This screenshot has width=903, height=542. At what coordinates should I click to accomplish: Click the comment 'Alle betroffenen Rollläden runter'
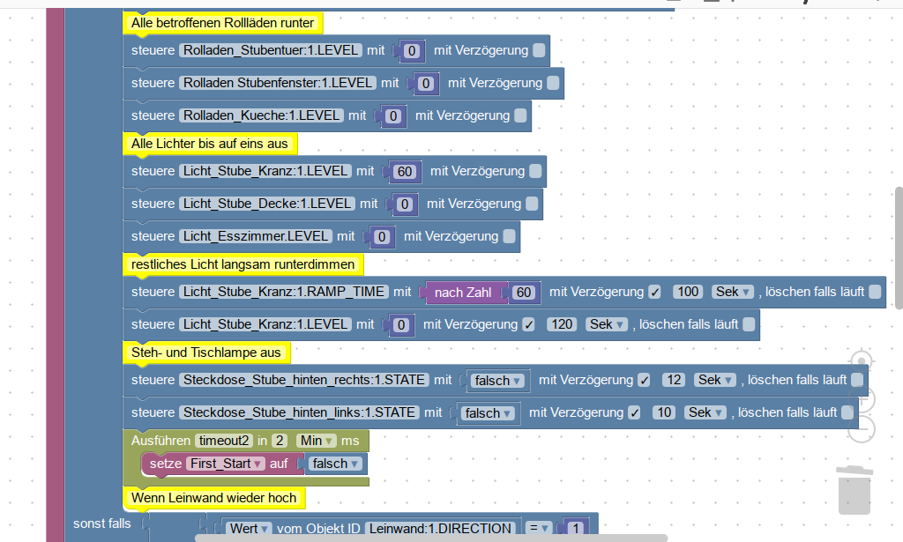tap(222, 22)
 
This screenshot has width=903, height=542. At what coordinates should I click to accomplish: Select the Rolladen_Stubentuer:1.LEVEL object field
tap(270, 50)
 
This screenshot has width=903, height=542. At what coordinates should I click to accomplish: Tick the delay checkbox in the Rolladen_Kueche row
tap(520, 115)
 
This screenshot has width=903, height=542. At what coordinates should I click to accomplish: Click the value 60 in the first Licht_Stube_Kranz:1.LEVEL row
tap(405, 171)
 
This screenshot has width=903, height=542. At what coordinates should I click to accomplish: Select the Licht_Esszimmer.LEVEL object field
tap(256, 236)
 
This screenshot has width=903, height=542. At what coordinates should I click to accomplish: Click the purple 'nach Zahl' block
tap(463, 292)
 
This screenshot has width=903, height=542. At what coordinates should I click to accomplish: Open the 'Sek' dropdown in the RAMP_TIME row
tap(732, 292)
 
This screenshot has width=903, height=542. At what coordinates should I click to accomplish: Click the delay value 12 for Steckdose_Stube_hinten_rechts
tap(673, 380)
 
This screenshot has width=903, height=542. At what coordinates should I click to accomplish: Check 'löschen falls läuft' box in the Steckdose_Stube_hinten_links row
tap(847, 412)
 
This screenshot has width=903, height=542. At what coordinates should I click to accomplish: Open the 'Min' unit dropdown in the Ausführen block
tap(315, 440)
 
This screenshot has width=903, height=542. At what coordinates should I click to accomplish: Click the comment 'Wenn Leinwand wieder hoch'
tap(213, 498)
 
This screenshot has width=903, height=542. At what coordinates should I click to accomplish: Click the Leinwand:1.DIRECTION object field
tap(439, 529)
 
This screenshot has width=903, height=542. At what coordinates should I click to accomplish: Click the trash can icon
tap(854, 490)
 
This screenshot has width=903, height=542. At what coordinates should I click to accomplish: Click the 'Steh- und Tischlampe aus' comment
tap(205, 353)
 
